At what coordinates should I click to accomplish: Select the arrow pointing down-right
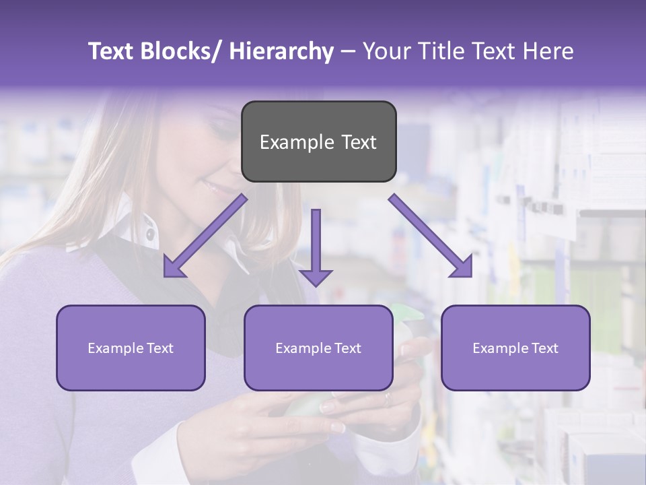click(431, 236)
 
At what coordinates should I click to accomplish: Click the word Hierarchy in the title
click(281, 52)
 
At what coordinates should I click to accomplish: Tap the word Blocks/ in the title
click(182, 52)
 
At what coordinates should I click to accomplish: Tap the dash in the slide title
click(348, 52)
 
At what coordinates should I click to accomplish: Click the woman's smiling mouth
click(217, 187)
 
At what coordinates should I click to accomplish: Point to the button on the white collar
click(149, 236)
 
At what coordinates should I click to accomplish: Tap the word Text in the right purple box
click(544, 348)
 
